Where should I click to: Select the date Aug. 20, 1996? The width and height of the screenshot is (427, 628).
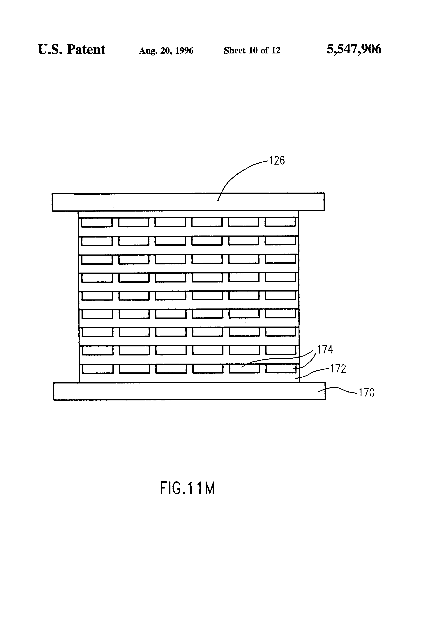click(x=166, y=50)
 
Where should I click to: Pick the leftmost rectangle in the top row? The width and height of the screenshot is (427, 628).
click(x=97, y=222)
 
